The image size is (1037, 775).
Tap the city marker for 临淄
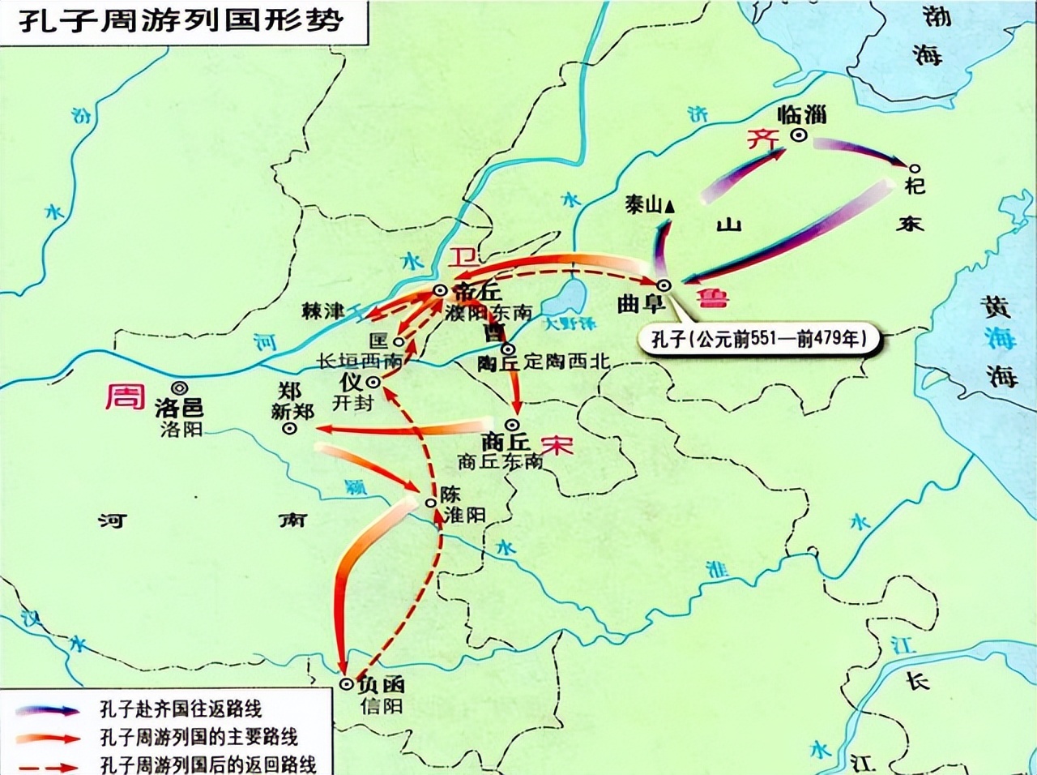799,136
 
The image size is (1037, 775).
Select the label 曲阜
641,303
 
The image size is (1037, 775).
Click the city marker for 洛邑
178,388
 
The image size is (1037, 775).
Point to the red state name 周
125,396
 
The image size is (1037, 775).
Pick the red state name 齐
762,139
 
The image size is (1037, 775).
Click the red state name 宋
557,445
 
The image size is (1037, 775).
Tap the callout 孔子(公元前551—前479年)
758,338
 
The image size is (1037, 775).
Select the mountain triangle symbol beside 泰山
669,207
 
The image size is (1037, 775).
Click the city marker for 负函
346,684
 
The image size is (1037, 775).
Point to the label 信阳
382,705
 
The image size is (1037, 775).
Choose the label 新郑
292,412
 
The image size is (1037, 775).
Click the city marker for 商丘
512,424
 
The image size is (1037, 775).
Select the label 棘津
322,310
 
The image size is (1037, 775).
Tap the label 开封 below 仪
352,401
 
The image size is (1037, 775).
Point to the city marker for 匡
399,342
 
